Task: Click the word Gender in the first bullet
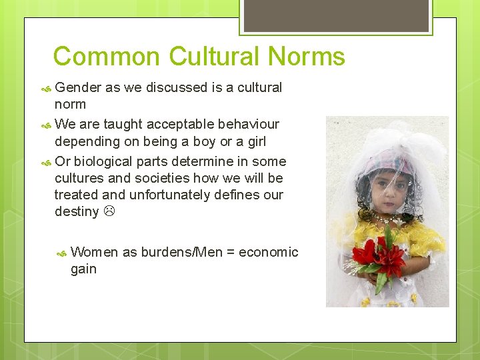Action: tap(78, 87)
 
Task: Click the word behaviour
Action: tap(246, 124)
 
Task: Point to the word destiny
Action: tap(77, 212)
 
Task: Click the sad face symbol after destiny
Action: tap(109, 212)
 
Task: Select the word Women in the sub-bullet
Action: tap(95, 252)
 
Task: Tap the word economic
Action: tap(268, 252)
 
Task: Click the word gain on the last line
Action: tap(83, 269)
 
